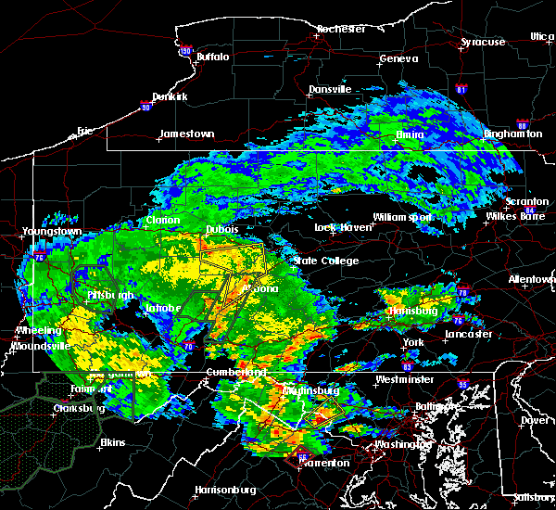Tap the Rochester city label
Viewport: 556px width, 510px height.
[x=342, y=29]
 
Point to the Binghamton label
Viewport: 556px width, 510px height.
[x=513, y=134]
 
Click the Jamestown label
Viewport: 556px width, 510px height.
[x=186, y=134]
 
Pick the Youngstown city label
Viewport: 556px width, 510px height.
[x=51, y=231]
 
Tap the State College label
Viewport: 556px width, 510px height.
[x=325, y=261]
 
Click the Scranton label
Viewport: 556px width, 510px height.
[x=526, y=202]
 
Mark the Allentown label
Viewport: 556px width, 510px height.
[x=532, y=279]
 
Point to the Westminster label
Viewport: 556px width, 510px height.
[x=404, y=380]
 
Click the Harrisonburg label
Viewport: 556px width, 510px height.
[x=225, y=490]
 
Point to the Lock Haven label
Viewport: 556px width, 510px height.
[x=339, y=227]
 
